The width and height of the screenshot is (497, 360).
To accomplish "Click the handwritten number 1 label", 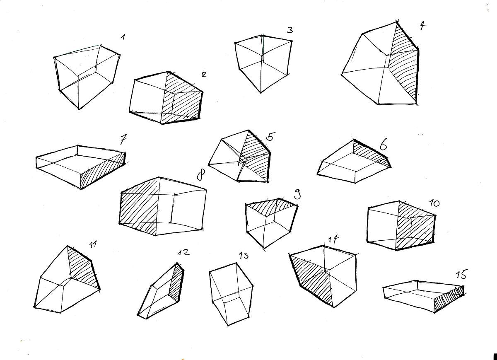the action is (x=123, y=37).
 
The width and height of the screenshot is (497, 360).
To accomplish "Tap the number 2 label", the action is (x=204, y=74).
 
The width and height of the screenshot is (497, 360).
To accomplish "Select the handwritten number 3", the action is (x=290, y=30).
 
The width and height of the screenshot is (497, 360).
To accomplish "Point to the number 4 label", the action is (x=423, y=26).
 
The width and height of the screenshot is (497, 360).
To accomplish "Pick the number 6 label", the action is (x=383, y=144).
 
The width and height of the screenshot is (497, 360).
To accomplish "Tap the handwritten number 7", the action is (x=123, y=139).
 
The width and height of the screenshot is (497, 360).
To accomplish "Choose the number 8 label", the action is (x=201, y=175).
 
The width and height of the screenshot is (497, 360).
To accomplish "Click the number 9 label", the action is (x=297, y=194).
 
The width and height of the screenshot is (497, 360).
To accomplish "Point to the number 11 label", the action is (x=92, y=244).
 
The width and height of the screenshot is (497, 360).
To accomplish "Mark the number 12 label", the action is (x=183, y=252).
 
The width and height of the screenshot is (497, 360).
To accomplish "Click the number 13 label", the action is (x=244, y=256).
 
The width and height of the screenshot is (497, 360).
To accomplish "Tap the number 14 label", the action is (x=333, y=239).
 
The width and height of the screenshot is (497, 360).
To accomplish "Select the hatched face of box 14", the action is (x=312, y=280).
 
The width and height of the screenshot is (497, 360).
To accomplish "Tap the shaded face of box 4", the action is (x=403, y=64).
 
